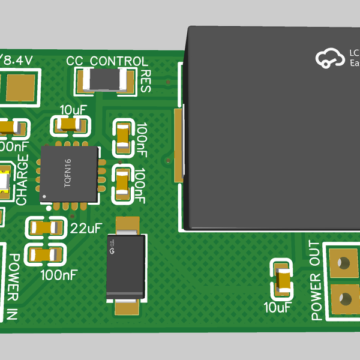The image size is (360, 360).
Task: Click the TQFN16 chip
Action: point(68,173)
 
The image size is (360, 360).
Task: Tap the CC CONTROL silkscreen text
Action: point(107,61)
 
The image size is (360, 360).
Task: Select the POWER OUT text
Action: point(316,280)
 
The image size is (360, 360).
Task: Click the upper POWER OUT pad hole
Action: point(344,263)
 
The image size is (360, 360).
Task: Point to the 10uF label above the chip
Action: point(74,110)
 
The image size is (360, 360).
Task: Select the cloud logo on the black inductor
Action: point(328,58)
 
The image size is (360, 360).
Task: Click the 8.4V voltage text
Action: point(18,60)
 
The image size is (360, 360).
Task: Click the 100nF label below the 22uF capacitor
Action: point(58,275)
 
